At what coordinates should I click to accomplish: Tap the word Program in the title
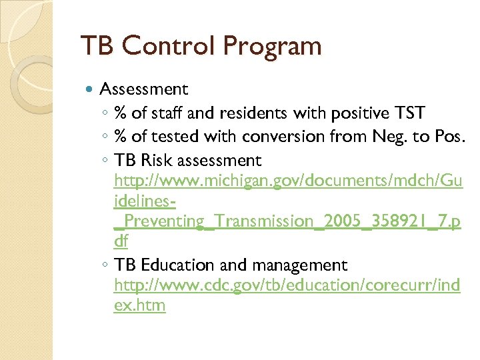pyautogui.click(x=272, y=47)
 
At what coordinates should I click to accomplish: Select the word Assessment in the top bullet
pyautogui.click(x=143, y=89)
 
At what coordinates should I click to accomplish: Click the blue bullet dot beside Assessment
pyautogui.click(x=91, y=89)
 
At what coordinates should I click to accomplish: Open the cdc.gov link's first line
pyautogui.click(x=287, y=286)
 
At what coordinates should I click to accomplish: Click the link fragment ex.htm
pyautogui.click(x=140, y=306)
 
